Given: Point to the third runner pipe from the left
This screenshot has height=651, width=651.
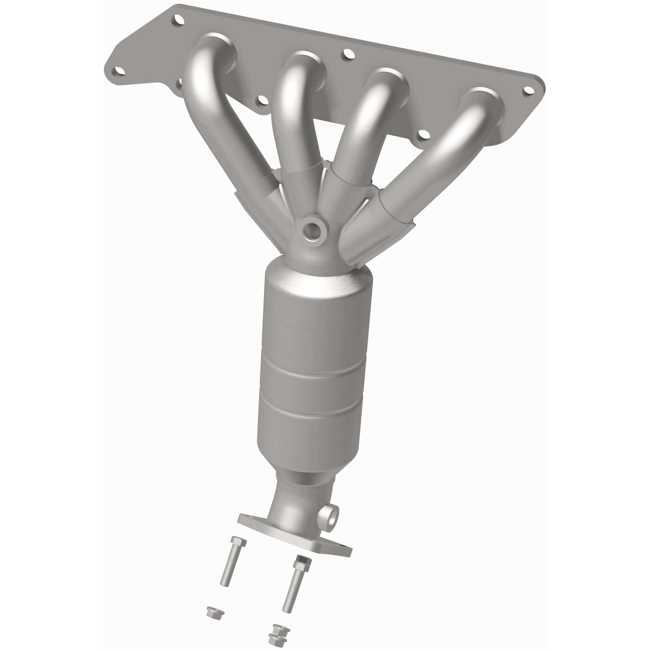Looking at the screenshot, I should click(364, 135).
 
